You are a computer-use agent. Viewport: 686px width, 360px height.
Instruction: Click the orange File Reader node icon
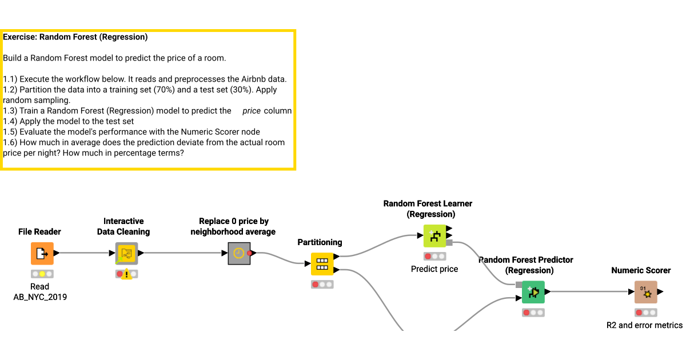pyautogui.click(x=42, y=253)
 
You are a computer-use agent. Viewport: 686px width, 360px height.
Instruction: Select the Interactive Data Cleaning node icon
pyautogui.click(x=126, y=253)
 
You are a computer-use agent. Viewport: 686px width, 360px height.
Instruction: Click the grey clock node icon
pyautogui.click(x=239, y=253)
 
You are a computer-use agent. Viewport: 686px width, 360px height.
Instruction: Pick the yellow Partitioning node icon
pyautogui.click(x=322, y=264)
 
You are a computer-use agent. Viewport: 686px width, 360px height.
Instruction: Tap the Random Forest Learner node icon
pyautogui.click(x=434, y=235)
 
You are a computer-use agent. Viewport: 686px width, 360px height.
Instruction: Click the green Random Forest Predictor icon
pyautogui.click(x=533, y=292)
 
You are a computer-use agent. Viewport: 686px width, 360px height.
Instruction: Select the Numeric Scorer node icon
pyautogui.click(x=645, y=292)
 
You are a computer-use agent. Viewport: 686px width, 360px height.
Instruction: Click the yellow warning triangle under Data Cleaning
pyautogui.click(x=126, y=275)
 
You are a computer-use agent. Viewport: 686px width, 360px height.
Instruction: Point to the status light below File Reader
pyautogui.click(x=42, y=274)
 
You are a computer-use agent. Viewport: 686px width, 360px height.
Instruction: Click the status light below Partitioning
pyautogui.click(x=322, y=285)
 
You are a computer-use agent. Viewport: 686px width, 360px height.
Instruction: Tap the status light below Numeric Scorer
pyautogui.click(x=645, y=313)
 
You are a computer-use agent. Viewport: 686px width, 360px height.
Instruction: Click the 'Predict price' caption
pyautogui.click(x=434, y=269)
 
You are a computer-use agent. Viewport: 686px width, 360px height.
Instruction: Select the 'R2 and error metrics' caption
pyautogui.click(x=644, y=325)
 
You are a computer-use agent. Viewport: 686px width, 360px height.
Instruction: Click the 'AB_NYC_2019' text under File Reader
pyautogui.click(x=40, y=297)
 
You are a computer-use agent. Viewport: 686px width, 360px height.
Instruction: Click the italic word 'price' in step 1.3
pyautogui.click(x=252, y=111)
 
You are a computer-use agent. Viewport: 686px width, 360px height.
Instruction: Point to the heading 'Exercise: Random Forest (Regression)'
pyautogui.click(x=75, y=37)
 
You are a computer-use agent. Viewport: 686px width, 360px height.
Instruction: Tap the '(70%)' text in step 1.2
pyautogui.click(x=167, y=90)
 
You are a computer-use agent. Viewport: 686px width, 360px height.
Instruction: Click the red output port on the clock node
pyautogui.click(x=250, y=253)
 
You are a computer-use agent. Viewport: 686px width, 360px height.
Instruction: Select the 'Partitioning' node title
pyautogui.click(x=320, y=243)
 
